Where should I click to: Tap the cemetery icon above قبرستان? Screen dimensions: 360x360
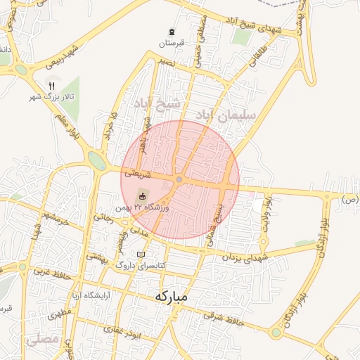[172, 32]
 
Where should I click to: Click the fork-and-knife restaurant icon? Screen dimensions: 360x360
[51, 85]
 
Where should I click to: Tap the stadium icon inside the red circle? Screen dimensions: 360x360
[143, 197]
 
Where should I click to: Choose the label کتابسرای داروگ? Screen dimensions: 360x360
[141, 265]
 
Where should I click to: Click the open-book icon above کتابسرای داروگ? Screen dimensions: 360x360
[141, 254]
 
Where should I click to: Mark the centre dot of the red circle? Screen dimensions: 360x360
[180, 180]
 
